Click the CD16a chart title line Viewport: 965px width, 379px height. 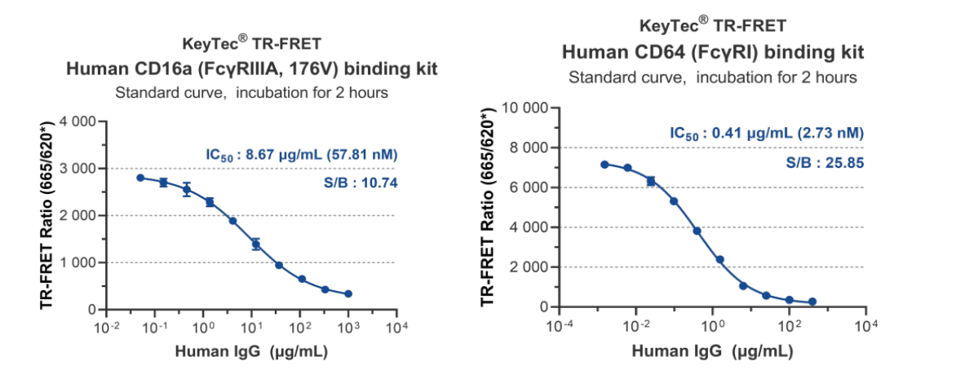click(x=251, y=69)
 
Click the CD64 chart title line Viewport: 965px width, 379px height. click(x=713, y=53)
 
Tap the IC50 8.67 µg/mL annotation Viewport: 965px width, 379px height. click(x=301, y=154)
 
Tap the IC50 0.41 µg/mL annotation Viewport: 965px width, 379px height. click(x=766, y=133)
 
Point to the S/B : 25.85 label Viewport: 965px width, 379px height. click(x=825, y=163)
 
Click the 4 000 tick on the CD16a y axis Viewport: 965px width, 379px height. click(x=79, y=121)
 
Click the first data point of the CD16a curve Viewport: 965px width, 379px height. click(x=140, y=178)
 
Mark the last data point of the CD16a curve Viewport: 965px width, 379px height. click(x=348, y=293)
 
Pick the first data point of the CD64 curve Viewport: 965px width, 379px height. click(x=604, y=165)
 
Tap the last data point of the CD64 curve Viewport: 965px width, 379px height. click(x=812, y=302)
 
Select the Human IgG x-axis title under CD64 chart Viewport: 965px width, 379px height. click(x=712, y=350)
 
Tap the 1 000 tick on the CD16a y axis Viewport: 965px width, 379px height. click(x=79, y=263)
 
